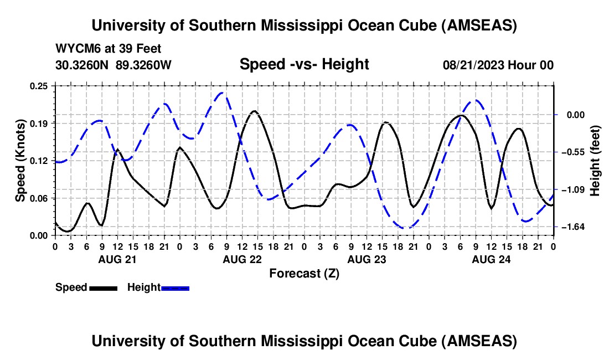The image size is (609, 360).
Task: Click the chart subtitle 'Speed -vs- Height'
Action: pyautogui.click(x=304, y=65)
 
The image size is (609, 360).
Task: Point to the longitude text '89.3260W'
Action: pyautogui.click(x=143, y=65)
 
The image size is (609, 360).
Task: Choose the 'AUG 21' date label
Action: pyautogui.click(x=117, y=259)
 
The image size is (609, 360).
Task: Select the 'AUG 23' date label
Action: pyautogui.click(x=366, y=259)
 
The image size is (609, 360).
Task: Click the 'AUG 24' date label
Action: pyautogui.click(x=491, y=259)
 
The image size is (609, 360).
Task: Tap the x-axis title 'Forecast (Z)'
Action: pyautogui.click(x=304, y=273)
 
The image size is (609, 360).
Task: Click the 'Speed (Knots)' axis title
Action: pyautogui.click(x=20, y=161)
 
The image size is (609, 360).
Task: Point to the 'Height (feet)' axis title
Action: pyautogui.click(x=596, y=161)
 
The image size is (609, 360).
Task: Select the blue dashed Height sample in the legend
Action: pyautogui.click(x=175, y=288)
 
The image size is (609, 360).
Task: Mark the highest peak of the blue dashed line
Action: pyautogui.click(x=223, y=92)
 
